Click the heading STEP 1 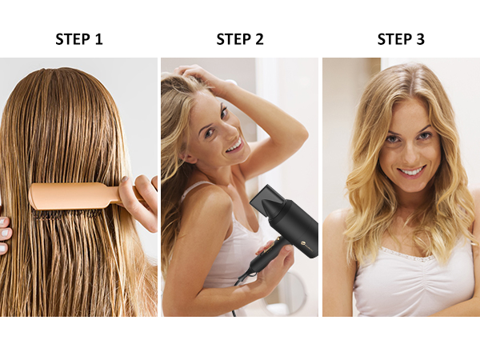pos(78,38)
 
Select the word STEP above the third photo pos(393,38)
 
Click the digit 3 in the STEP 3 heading pos(420,38)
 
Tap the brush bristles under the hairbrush pos(64,214)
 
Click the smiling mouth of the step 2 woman pos(233,146)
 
